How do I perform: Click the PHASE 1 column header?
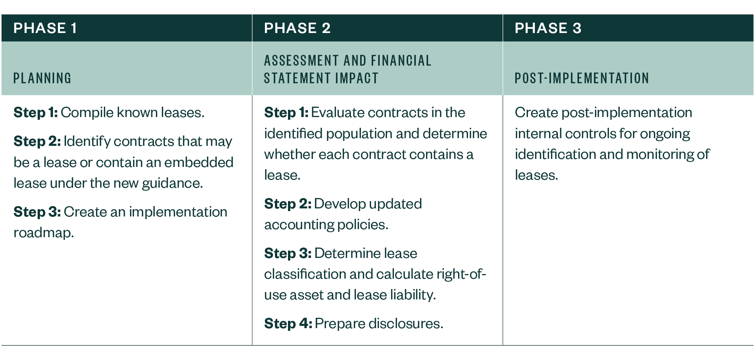45,28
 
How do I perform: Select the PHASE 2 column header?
297,28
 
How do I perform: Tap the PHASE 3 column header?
548,28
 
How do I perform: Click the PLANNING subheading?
42,78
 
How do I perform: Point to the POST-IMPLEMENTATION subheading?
582,78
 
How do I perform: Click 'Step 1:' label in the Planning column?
35,112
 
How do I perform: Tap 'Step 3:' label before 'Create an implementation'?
37,212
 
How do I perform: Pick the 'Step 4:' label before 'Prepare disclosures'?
288,324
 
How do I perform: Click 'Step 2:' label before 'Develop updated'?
288,204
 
